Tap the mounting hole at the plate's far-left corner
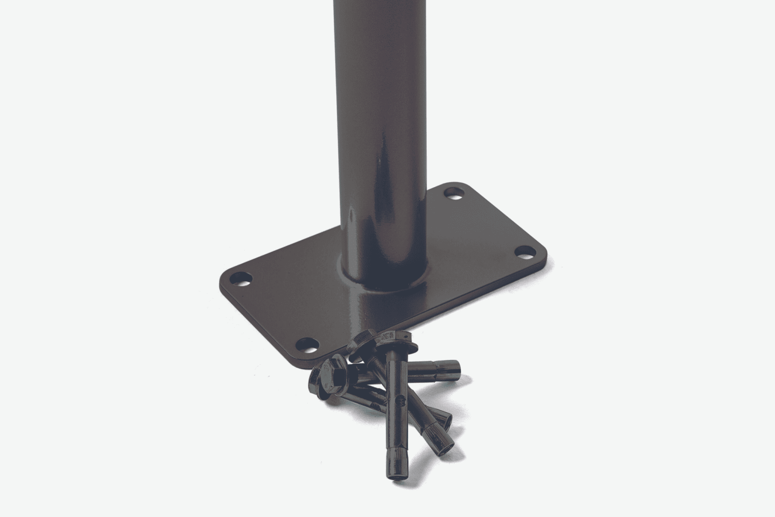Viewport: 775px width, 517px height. pos(240,278)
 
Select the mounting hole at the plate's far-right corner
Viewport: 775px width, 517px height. pos(525,251)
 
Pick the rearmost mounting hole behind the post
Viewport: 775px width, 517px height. pos(454,193)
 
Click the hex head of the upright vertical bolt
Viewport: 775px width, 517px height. pos(396,338)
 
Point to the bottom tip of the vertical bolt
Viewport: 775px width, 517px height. pos(395,477)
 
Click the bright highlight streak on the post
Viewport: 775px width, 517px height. pos(379,151)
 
